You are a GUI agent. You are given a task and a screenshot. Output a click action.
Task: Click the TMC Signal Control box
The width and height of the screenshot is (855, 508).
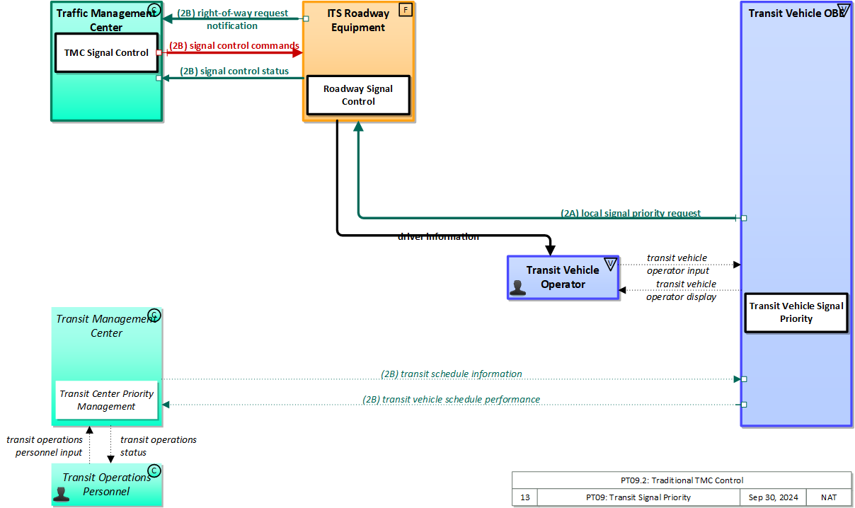point(106,52)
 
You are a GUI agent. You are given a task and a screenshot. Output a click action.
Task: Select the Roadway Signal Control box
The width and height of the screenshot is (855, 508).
point(358,95)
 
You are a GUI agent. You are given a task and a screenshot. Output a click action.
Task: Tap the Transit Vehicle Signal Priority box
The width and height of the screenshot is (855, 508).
point(796,312)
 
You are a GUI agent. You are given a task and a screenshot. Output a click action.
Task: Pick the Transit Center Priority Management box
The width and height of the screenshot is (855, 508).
point(106,400)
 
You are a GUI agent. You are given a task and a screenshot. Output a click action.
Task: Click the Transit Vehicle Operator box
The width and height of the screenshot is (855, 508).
point(563,277)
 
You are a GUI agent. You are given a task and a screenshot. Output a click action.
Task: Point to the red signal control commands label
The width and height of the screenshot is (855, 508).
point(234,45)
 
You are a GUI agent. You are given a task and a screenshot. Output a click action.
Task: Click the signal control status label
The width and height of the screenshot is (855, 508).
point(234,71)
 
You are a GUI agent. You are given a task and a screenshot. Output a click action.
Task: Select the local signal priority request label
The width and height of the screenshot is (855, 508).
point(631,213)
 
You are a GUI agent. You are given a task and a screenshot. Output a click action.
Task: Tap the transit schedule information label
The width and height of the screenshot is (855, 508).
point(452,374)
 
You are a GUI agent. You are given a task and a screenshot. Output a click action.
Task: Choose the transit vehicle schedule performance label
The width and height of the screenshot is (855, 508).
point(452,399)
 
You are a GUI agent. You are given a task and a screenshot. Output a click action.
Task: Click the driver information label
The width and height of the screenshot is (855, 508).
point(438,237)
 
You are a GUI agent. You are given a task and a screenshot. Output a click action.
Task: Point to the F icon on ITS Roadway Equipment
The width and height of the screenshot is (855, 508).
point(406,11)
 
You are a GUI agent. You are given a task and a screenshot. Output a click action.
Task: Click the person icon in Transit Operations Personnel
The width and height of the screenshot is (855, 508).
point(62,493)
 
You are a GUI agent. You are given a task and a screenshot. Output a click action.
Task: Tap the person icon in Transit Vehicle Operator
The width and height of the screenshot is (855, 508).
point(518,287)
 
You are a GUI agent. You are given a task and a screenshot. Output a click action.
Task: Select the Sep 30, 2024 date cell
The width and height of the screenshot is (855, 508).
point(773,497)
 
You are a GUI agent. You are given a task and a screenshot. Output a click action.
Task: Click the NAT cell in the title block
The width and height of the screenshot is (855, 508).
point(829,497)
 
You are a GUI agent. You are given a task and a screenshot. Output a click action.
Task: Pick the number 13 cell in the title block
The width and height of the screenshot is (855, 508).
point(524,497)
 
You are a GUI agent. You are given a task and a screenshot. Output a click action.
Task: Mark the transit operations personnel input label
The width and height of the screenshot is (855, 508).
point(45,446)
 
